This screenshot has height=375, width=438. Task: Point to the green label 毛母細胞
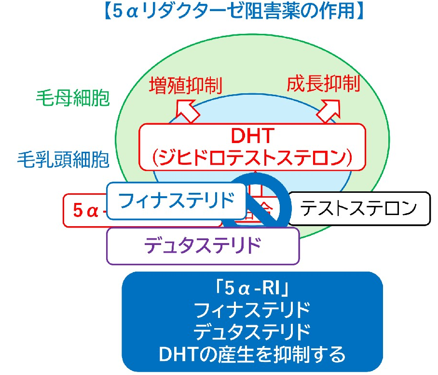pos(73,99)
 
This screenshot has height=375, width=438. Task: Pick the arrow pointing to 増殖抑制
pos(188,108)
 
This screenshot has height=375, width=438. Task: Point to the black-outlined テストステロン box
pos(358,208)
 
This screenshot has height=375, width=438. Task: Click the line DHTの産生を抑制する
pos(252,355)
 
